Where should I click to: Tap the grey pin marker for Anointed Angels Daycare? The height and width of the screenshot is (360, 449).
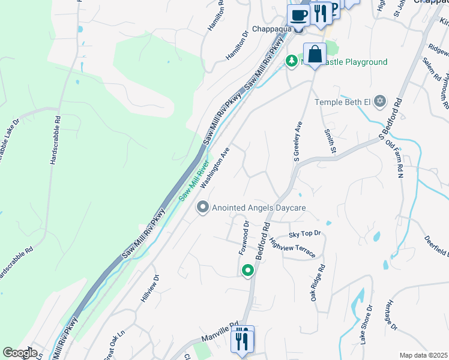(203, 208)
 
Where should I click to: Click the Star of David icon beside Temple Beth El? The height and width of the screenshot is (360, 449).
(379, 102)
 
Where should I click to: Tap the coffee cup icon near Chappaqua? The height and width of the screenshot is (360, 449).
(298, 14)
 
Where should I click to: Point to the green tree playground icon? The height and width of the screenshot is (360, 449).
(292, 61)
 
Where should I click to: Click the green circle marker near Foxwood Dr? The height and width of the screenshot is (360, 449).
(247, 271)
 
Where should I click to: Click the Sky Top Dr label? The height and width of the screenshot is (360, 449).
(305, 233)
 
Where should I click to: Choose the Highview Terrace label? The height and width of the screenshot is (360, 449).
(292, 247)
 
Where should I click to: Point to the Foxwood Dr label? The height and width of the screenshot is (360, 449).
(245, 238)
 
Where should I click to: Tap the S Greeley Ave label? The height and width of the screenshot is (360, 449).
(297, 142)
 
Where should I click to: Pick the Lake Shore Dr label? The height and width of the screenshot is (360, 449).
(366, 323)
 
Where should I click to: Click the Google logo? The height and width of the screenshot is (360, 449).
(20, 353)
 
